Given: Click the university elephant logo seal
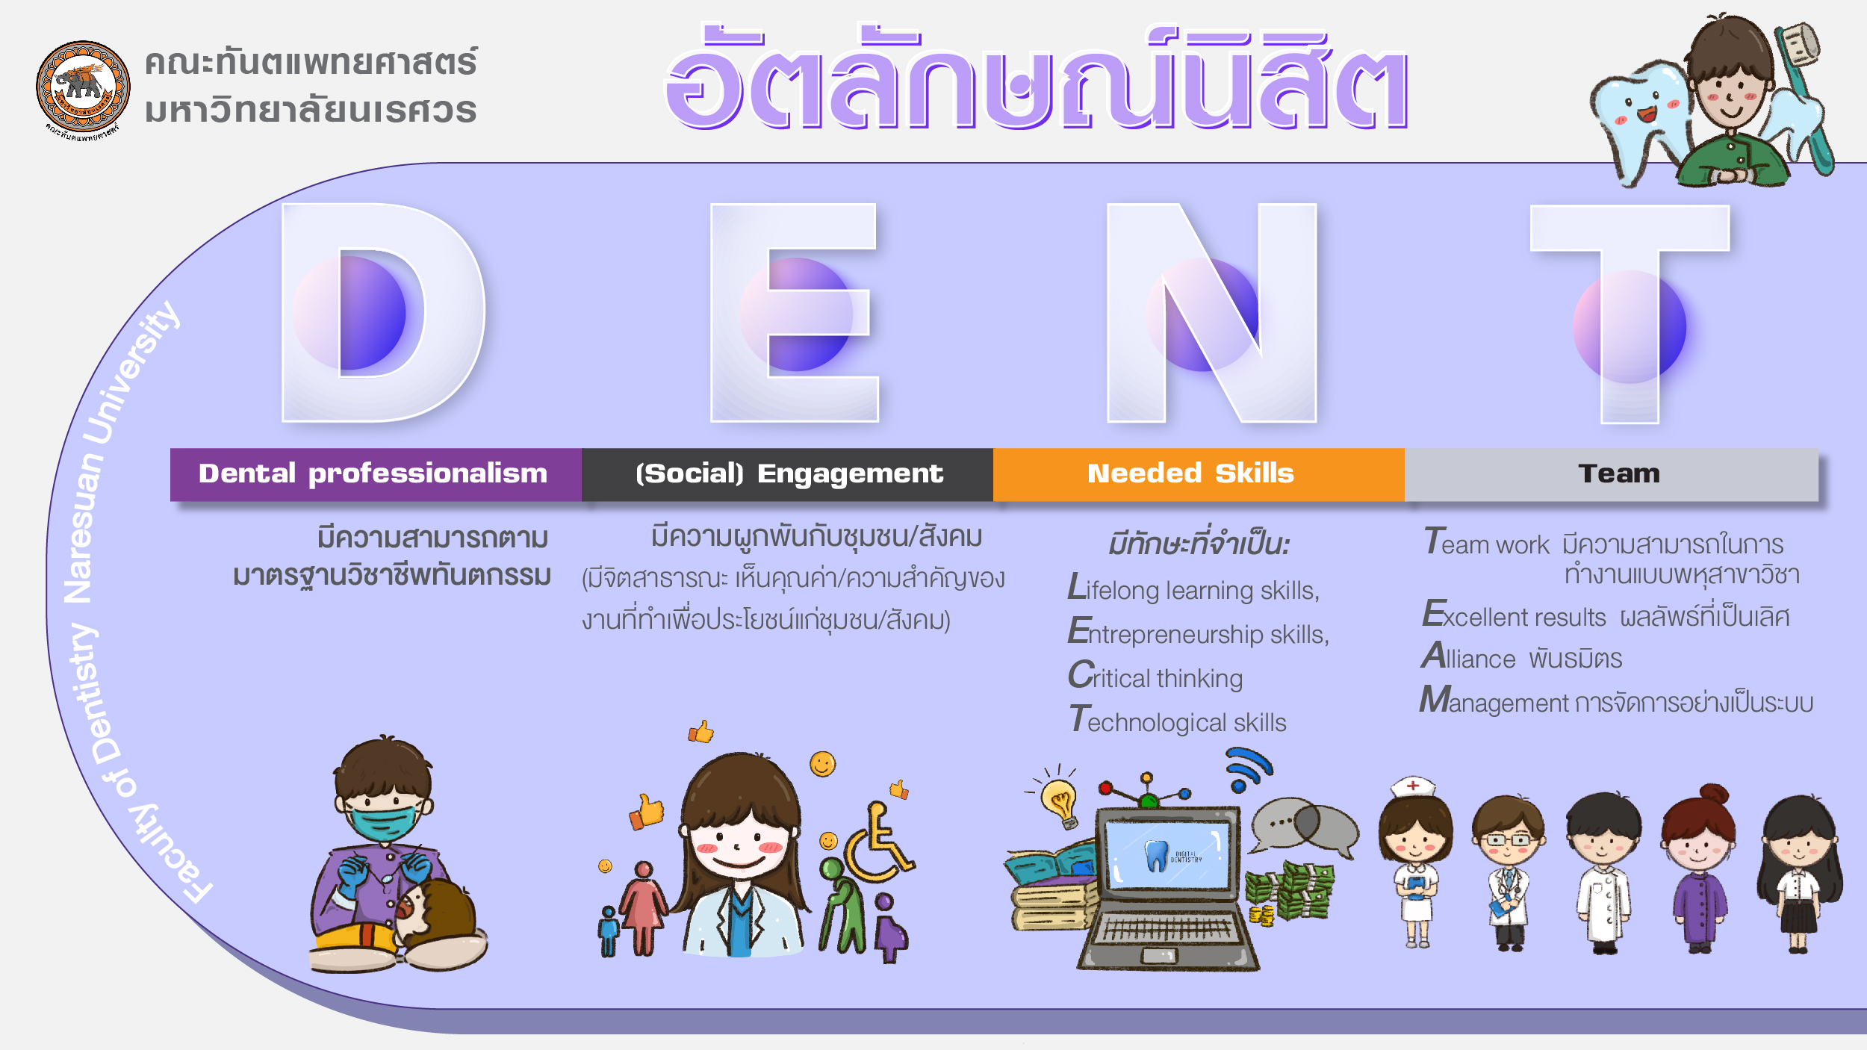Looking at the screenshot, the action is (x=83, y=88).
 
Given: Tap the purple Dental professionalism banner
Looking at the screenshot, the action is (x=376, y=474).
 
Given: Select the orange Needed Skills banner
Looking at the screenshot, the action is (x=1199, y=474).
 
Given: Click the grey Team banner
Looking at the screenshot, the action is (x=1612, y=474).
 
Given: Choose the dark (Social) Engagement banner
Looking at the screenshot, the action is (x=787, y=474).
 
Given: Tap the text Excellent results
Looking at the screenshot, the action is (x=1514, y=615).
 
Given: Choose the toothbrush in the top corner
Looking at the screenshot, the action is (x=1804, y=93).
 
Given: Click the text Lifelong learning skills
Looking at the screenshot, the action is (x=1193, y=588).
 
